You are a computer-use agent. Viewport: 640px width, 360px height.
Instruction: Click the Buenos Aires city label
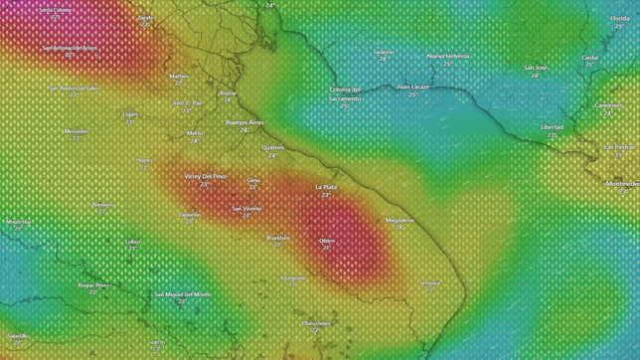(x=243, y=122)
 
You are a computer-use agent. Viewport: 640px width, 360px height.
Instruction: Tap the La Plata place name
(x=326, y=187)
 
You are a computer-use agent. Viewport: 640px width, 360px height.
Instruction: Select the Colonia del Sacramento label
(x=345, y=93)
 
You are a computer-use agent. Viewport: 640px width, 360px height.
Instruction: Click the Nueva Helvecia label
(x=447, y=56)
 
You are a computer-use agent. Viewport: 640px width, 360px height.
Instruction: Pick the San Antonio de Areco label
(x=70, y=47)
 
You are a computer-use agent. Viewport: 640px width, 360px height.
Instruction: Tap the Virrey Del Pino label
(x=206, y=176)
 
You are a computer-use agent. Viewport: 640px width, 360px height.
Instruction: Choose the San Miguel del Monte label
(x=183, y=294)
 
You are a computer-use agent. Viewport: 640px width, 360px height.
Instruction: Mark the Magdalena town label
(x=400, y=220)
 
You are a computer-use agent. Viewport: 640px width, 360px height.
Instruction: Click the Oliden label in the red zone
(x=327, y=240)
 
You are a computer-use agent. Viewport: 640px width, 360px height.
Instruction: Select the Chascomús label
(x=316, y=322)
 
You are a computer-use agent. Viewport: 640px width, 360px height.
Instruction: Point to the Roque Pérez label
(x=93, y=284)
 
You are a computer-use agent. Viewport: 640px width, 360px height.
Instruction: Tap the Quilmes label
(x=272, y=147)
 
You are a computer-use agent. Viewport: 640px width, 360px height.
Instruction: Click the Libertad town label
(x=552, y=127)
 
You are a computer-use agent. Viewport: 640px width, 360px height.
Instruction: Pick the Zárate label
(x=146, y=17)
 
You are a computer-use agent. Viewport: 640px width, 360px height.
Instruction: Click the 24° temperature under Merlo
(x=195, y=140)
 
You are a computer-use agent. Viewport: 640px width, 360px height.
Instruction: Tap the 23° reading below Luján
(x=130, y=121)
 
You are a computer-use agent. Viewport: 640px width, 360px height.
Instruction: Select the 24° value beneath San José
(x=535, y=76)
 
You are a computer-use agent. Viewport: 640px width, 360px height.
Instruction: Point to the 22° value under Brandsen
(x=278, y=245)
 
